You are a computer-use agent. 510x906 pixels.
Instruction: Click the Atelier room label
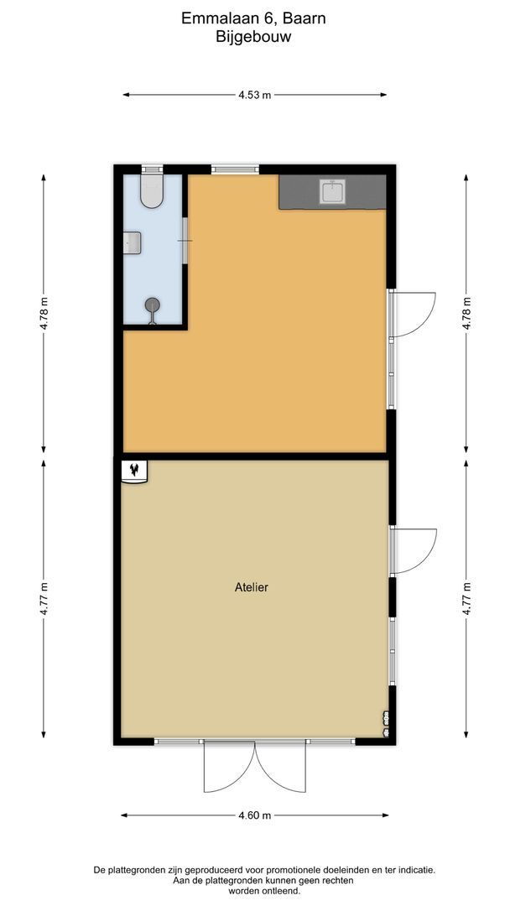(x=251, y=588)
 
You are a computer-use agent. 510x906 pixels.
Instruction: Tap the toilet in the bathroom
(x=152, y=192)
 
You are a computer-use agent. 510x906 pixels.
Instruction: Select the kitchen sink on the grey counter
(x=333, y=192)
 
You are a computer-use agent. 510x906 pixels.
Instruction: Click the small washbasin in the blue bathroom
(x=132, y=242)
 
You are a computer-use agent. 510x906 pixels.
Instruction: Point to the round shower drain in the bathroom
(x=152, y=305)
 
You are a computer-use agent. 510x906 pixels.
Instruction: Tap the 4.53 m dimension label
(x=254, y=95)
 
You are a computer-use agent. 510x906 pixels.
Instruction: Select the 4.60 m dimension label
(x=254, y=815)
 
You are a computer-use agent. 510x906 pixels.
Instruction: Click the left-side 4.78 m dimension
(x=44, y=312)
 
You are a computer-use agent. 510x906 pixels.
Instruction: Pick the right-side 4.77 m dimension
(x=466, y=600)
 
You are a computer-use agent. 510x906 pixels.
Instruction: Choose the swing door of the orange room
(x=412, y=314)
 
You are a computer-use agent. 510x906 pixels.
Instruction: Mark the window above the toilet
(x=152, y=169)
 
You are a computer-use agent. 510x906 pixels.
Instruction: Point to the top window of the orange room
(x=235, y=169)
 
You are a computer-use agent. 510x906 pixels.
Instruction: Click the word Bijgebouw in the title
(x=253, y=37)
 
